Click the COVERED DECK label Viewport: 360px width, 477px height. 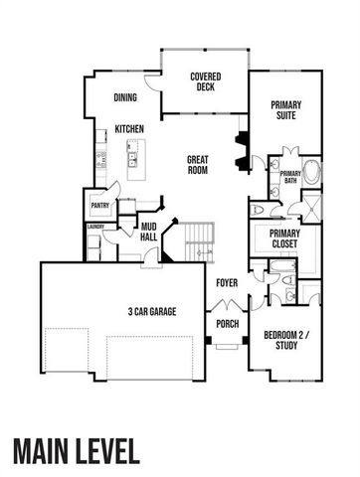(x=205, y=81)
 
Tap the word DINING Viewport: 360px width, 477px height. (x=125, y=97)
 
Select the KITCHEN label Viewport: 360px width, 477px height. (x=131, y=129)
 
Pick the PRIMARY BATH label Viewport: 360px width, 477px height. (x=290, y=176)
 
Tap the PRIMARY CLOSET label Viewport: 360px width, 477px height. (x=285, y=239)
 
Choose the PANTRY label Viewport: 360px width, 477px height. (x=99, y=206)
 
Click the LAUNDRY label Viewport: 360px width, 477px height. (x=95, y=227)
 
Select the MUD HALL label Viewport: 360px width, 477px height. (x=148, y=233)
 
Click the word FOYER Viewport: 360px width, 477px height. (x=228, y=283)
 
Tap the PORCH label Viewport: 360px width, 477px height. (x=225, y=323)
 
